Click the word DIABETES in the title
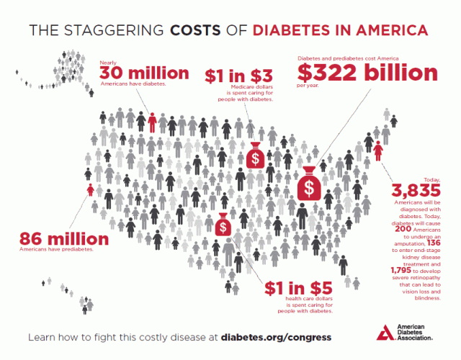coord(287,31)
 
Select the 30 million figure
coord(144,73)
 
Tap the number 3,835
coord(415,192)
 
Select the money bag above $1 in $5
coord(224,225)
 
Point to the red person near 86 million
coord(89,191)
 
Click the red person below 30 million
coord(152,122)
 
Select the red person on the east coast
coord(378,151)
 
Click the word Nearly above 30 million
coord(107,63)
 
